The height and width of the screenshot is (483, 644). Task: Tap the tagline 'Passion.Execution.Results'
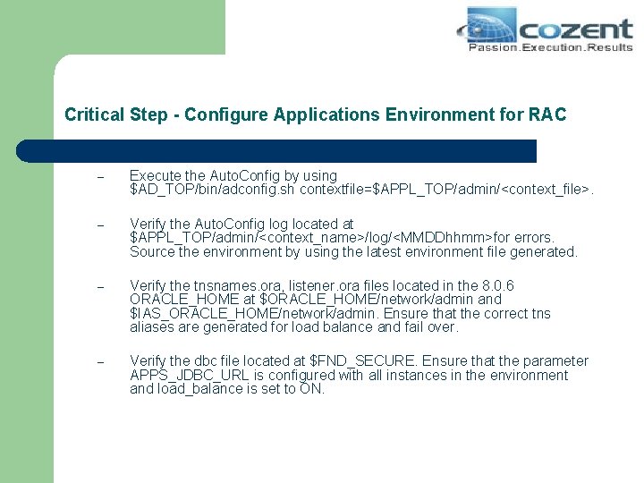point(550,47)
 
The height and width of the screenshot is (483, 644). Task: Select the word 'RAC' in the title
point(547,114)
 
